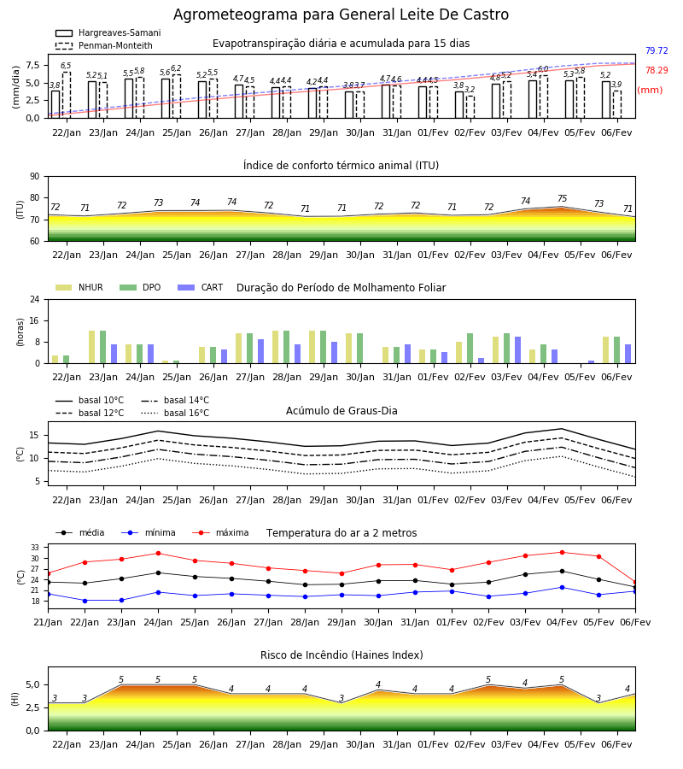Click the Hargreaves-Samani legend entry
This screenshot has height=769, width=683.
(x=108, y=32)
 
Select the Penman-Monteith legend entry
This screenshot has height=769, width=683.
(x=104, y=45)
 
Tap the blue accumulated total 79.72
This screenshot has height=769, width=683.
(x=657, y=50)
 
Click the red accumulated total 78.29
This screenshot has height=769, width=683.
(x=657, y=70)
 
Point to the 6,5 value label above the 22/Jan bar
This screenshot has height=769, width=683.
(x=66, y=66)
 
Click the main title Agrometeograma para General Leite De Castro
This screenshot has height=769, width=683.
(x=341, y=15)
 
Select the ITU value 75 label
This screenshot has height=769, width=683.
(x=562, y=198)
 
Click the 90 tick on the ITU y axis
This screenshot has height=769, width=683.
(x=35, y=177)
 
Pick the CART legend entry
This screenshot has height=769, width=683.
(x=201, y=287)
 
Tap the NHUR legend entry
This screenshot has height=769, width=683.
(x=79, y=287)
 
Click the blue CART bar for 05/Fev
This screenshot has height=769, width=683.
(x=592, y=362)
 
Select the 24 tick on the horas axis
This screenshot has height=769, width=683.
(x=35, y=299)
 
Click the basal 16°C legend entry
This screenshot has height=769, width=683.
(x=175, y=413)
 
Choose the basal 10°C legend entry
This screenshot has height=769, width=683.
(x=90, y=400)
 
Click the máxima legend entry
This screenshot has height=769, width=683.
(x=220, y=532)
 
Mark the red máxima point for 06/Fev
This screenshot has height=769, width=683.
(x=635, y=582)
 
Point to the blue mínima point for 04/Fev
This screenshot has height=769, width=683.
(x=562, y=588)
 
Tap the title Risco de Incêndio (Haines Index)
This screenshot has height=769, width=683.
(x=341, y=655)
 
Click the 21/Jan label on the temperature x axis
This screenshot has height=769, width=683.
(x=48, y=622)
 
